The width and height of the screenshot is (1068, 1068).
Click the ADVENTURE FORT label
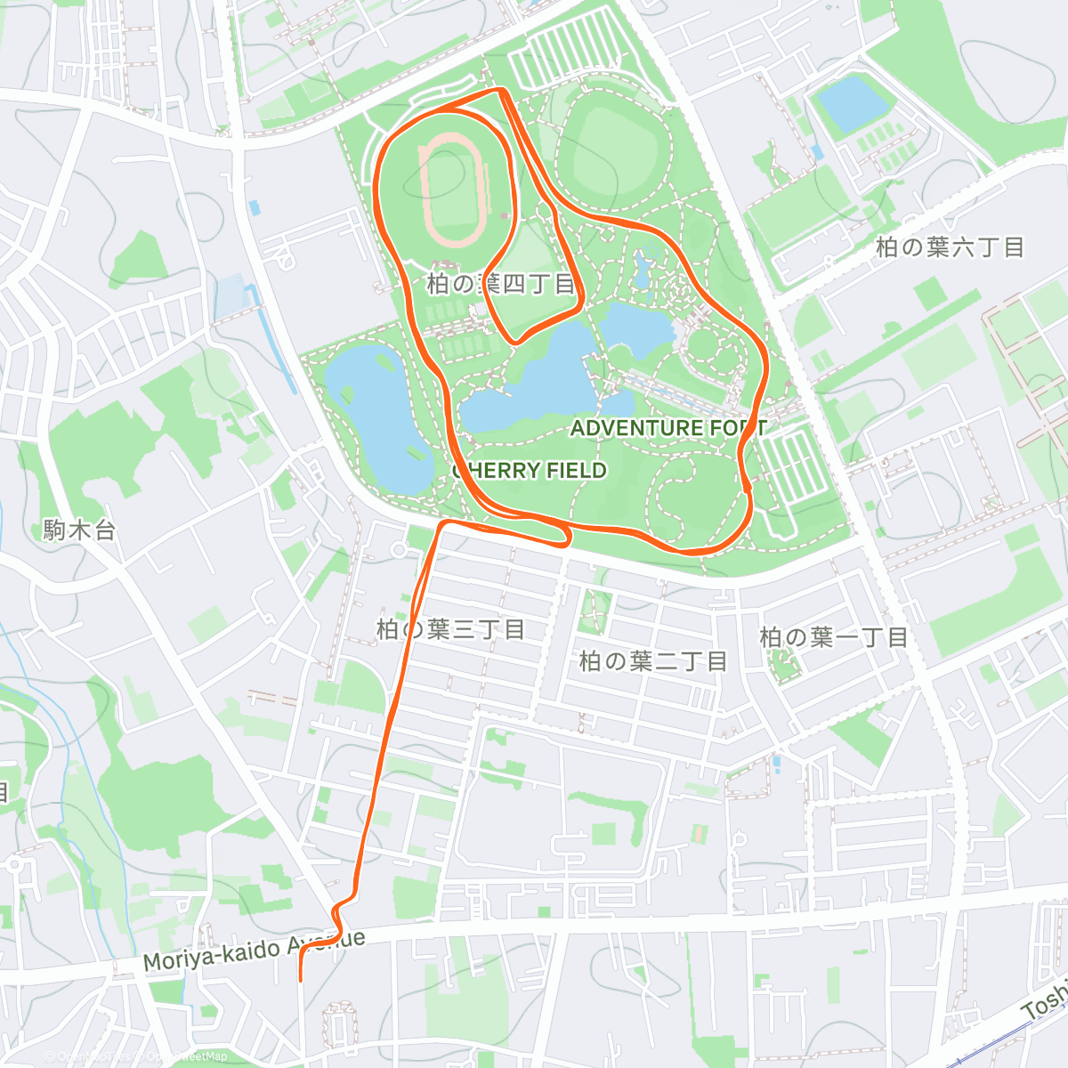(667, 428)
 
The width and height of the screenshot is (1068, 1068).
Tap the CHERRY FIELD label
(530, 470)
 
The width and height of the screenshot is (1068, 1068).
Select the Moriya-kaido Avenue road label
(254, 951)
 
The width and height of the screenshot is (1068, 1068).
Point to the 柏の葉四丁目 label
(501, 284)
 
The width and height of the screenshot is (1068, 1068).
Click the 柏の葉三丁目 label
(450, 629)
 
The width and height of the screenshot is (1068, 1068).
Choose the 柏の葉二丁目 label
(653, 660)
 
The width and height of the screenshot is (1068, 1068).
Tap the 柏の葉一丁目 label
(833, 637)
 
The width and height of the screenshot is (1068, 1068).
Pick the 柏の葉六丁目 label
(950, 247)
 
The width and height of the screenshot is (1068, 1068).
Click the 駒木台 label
(79, 530)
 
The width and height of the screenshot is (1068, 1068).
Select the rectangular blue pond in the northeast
(853, 101)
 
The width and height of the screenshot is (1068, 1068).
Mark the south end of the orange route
(301, 979)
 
